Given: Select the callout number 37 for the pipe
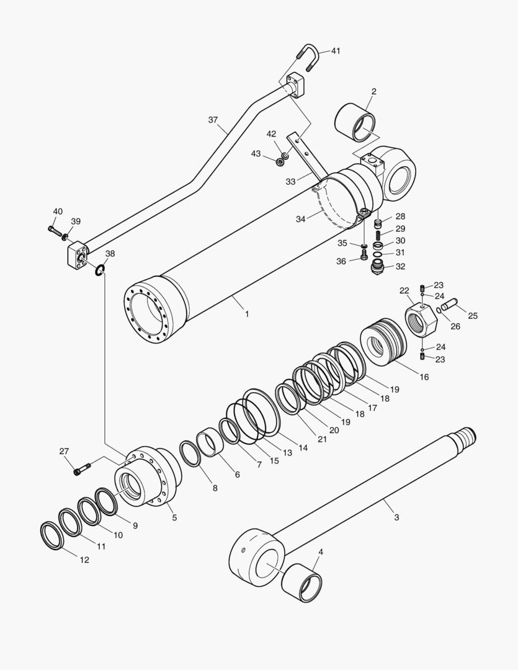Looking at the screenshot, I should [x=213, y=120].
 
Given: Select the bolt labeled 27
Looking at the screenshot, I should [x=83, y=468].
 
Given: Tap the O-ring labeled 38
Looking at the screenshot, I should [x=99, y=269].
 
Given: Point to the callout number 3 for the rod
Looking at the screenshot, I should [x=396, y=517].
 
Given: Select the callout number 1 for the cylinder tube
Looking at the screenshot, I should [x=246, y=314].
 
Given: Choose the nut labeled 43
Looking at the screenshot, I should [x=280, y=163].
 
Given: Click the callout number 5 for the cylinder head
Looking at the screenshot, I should [x=174, y=517].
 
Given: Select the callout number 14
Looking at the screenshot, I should [x=303, y=447].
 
